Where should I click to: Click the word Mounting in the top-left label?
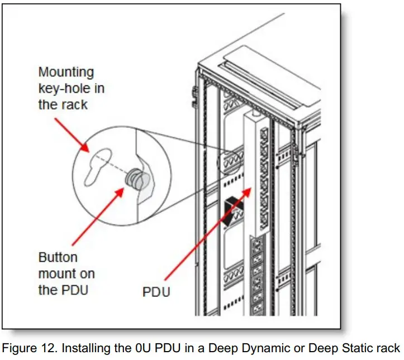pyautogui.click(x=66, y=72)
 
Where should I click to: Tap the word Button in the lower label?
pyautogui.click(x=58, y=258)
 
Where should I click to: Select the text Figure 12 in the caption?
pyautogui.click(x=33, y=348)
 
